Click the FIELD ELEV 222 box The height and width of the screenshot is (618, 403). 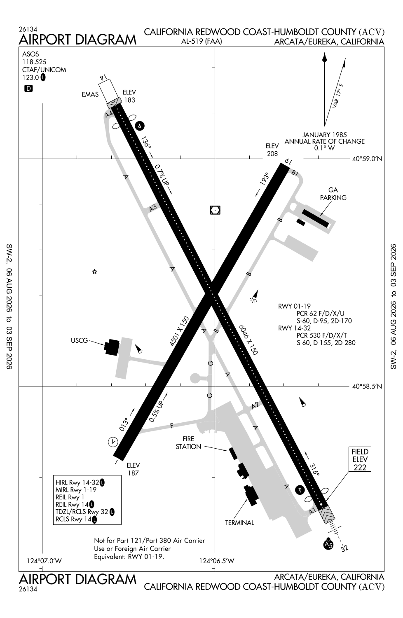(x=360, y=459)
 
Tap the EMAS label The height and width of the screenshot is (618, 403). (x=90, y=95)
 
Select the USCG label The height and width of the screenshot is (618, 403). (x=79, y=340)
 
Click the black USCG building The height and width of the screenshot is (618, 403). (x=112, y=347)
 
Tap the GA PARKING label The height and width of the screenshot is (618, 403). (x=333, y=194)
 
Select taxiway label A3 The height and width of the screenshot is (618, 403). (x=153, y=208)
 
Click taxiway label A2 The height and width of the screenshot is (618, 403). (x=255, y=405)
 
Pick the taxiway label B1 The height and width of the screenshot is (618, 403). (x=295, y=173)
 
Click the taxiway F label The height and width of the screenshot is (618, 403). (x=171, y=426)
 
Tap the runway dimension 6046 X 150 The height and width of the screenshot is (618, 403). (x=248, y=339)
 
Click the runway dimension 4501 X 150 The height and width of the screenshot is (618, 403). (x=179, y=331)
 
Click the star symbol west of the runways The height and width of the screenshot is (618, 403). (x=94, y=272)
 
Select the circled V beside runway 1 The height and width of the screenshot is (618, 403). (x=113, y=442)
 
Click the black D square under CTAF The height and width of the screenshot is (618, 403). (x=28, y=89)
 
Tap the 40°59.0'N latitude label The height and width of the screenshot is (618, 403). (x=367, y=159)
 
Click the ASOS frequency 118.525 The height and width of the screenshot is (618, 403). (x=34, y=62)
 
